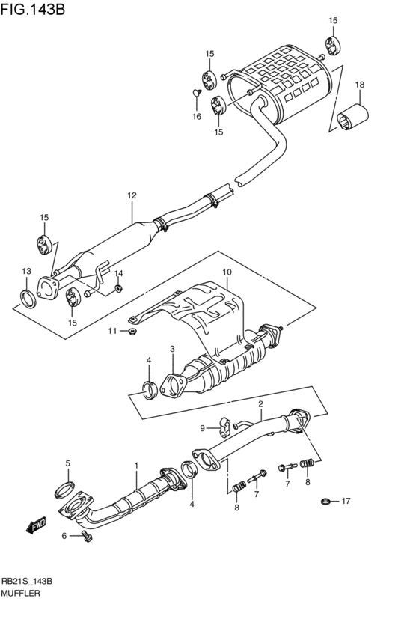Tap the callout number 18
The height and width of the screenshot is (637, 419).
(x=359, y=85)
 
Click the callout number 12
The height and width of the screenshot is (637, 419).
(x=132, y=196)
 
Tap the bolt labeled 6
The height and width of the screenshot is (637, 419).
(x=89, y=535)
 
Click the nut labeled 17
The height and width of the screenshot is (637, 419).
(x=325, y=501)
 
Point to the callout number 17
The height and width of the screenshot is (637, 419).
(x=345, y=501)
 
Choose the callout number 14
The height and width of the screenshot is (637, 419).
(x=118, y=273)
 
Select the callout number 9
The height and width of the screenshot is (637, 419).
(x=202, y=428)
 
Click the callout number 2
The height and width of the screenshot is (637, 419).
(x=260, y=405)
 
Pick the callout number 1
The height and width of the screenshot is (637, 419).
(x=136, y=465)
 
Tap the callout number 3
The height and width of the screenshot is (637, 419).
(x=172, y=349)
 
